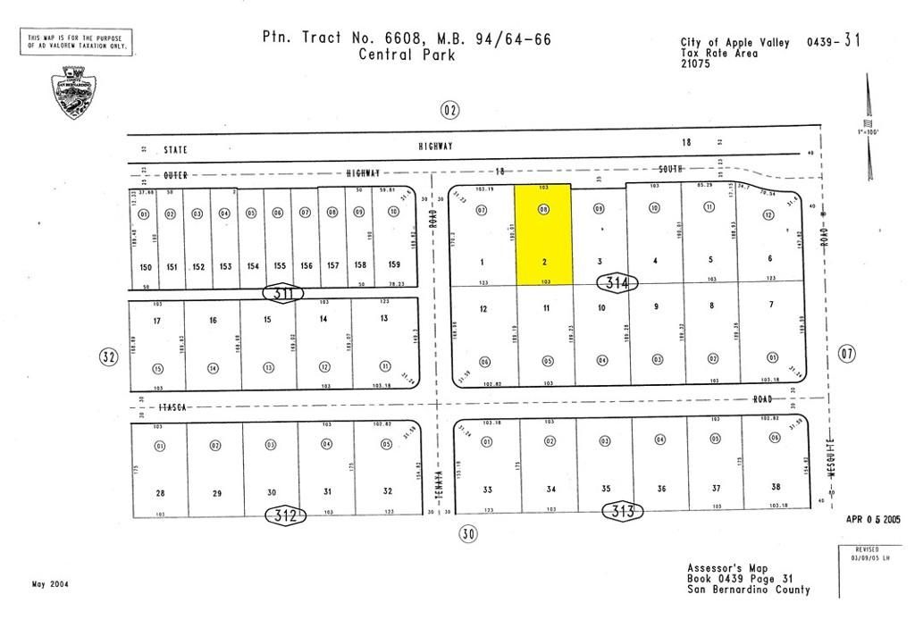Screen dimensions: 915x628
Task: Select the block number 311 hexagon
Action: (x=281, y=292)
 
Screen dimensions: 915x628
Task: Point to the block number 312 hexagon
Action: (x=285, y=515)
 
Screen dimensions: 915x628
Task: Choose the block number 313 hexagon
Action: (x=624, y=511)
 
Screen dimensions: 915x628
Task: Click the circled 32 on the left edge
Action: (x=108, y=357)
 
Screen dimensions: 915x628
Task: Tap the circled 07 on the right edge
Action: (x=847, y=354)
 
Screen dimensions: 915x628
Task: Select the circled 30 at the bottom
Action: (x=468, y=534)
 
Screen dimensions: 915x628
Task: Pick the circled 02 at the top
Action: (x=449, y=110)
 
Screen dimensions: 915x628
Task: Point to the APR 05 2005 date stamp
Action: (x=873, y=519)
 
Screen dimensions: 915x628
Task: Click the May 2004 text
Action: (x=49, y=584)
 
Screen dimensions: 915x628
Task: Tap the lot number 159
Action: (x=392, y=265)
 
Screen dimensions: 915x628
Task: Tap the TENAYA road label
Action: (x=439, y=482)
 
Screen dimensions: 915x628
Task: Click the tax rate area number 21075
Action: (x=696, y=63)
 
